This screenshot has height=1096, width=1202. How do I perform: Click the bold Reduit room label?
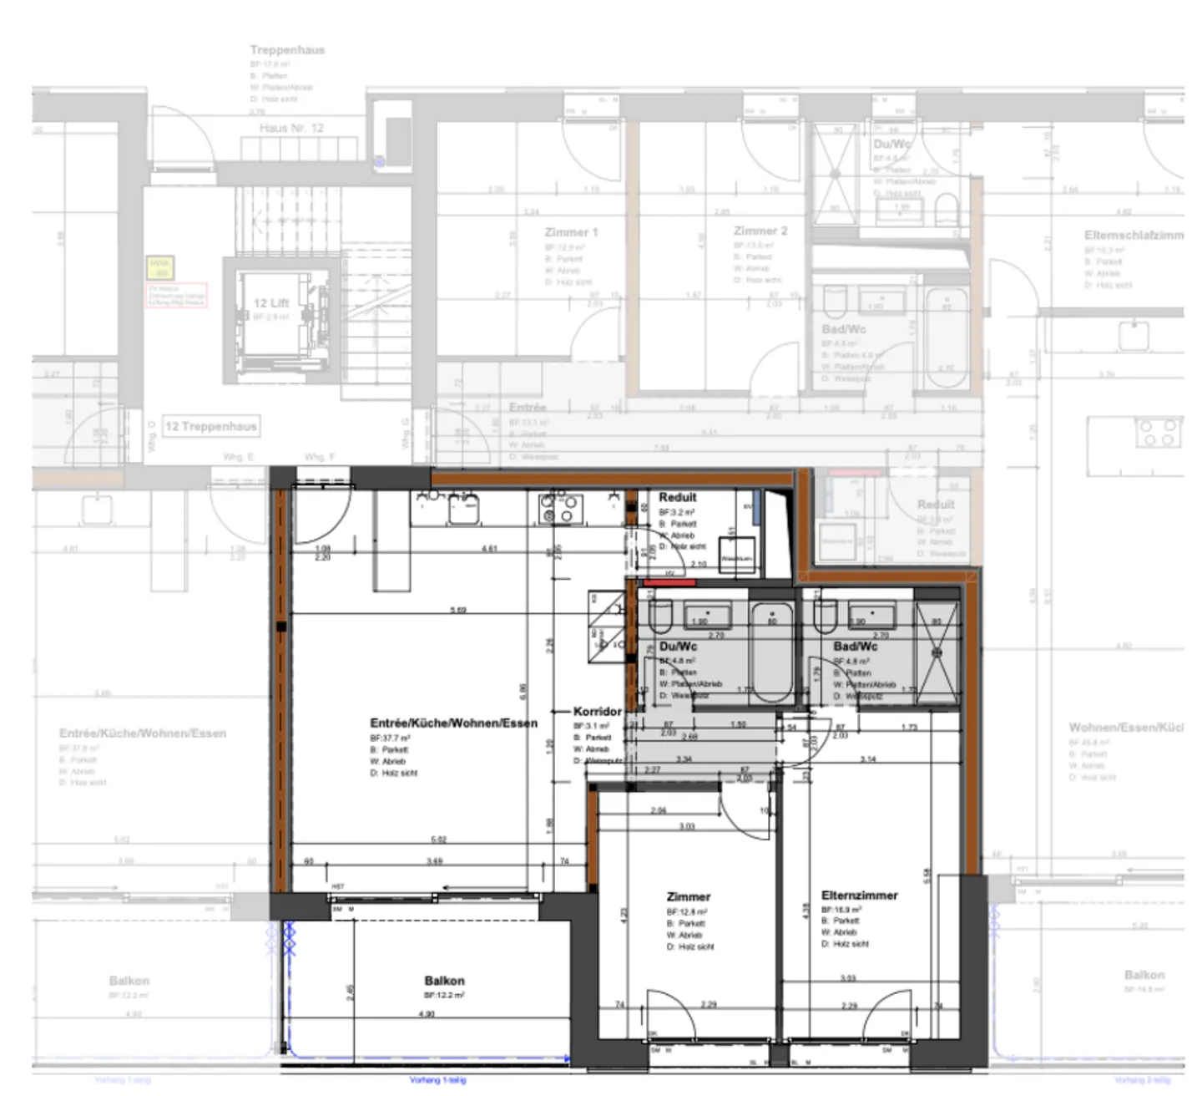tap(677, 497)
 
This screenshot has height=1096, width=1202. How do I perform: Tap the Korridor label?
tap(597, 712)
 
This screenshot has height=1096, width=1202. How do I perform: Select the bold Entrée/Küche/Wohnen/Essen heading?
tap(453, 723)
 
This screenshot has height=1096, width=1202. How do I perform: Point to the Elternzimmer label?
tap(859, 896)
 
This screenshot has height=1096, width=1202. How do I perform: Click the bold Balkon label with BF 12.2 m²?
tap(444, 981)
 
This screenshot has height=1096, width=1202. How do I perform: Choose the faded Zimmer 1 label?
tap(571, 232)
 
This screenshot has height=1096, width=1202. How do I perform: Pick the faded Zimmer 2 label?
tap(760, 231)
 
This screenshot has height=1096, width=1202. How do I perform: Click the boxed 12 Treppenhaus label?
tap(210, 426)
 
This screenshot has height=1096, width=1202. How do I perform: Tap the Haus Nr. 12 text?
tap(290, 128)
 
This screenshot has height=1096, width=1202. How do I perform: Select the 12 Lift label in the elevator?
tap(271, 303)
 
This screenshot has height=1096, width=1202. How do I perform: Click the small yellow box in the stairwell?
tap(159, 267)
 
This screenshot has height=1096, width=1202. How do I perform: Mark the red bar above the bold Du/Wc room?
tap(669, 581)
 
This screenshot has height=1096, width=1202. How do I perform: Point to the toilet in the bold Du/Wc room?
tap(661, 617)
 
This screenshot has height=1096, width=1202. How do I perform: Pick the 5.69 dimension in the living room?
tap(458, 610)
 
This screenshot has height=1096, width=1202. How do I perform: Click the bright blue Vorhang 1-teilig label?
tap(437, 1080)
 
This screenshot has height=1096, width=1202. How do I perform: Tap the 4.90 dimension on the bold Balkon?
tap(427, 1014)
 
